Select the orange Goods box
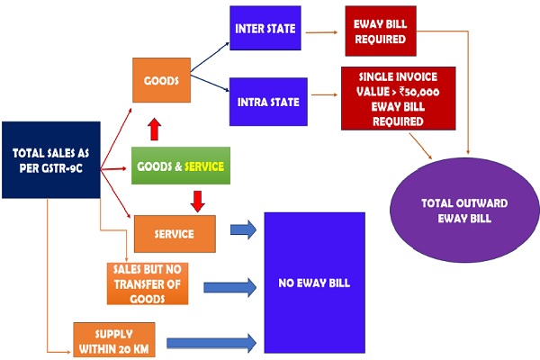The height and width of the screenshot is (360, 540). [161, 82]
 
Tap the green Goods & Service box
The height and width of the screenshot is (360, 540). [178, 166]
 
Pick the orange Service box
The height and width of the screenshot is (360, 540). [175, 234]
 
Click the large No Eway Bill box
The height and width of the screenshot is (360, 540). [314, 283]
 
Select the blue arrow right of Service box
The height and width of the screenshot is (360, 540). [242, 230]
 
